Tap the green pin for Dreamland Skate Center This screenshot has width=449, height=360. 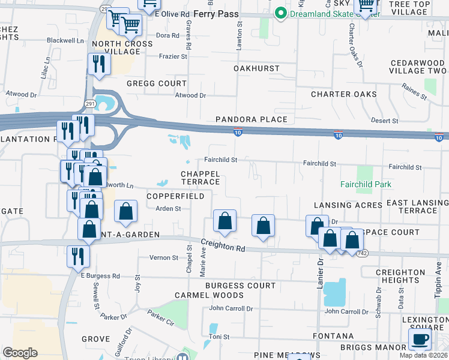point(280,13)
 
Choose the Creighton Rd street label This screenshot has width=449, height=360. point(223,245)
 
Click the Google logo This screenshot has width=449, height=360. point(20,352)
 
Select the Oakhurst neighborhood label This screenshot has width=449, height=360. point(256,69)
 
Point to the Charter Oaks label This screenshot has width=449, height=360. point(344,94)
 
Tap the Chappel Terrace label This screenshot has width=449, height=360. point(200,178)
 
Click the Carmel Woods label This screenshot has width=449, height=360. point(209,295)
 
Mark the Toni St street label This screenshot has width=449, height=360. point(218,337)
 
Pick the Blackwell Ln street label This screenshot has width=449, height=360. point(65,41)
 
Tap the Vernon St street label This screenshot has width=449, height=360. point(166,257)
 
